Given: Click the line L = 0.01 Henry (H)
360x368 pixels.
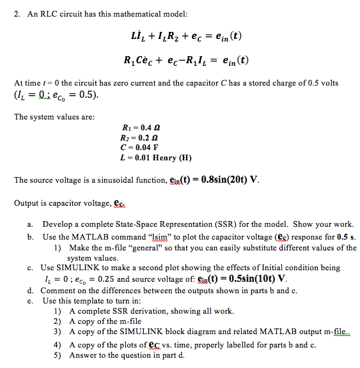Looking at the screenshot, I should tap(156, 157).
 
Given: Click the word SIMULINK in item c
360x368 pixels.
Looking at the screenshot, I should tap(81, 268).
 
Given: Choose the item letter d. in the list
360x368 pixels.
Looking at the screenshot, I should tap(31, 290).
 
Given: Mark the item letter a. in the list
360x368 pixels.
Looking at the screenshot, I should tap(31, 225).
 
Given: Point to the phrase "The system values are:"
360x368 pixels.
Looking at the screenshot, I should tap(54, 116).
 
